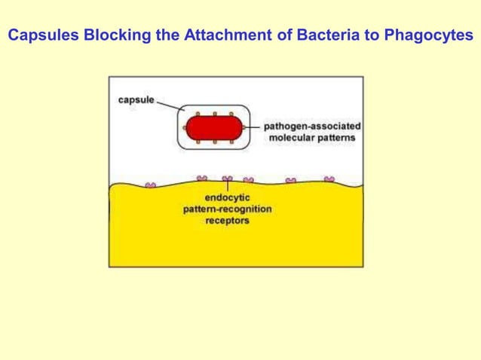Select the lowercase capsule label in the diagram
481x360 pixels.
point(136,99)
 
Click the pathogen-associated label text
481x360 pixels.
point(311,127)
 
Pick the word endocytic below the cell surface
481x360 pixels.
point(227,198)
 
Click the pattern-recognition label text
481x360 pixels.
point(227,209)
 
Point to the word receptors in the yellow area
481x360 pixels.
point(227,221)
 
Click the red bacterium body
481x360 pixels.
point(215,128)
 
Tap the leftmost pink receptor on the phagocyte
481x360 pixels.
point(150,184)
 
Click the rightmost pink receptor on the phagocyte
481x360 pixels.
point(329,179)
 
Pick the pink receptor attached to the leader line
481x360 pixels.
point(227,179)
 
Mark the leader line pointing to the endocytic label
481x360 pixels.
point(227,187)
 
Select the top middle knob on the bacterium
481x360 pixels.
point(215,114)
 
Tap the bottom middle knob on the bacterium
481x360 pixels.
point(215,142)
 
